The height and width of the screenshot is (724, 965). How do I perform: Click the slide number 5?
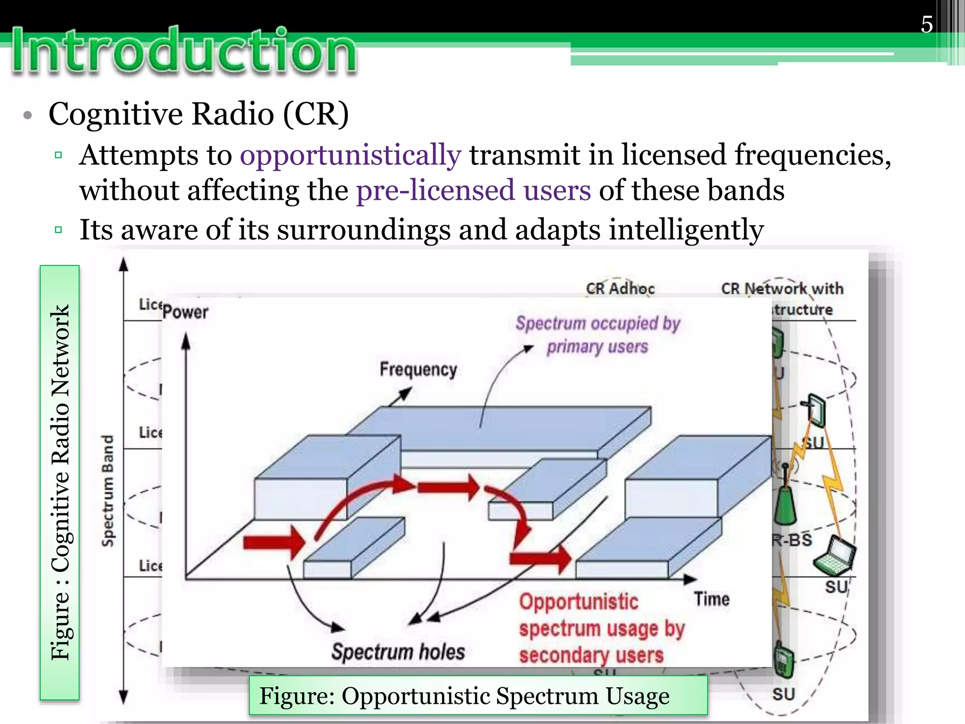[926, 25]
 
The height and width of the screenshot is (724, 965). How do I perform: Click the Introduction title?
[184, 51]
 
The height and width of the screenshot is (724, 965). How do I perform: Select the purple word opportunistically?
[350, 156]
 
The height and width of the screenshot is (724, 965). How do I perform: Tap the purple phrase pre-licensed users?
[473, 191]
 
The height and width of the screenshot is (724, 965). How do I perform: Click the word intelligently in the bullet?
[686, 230]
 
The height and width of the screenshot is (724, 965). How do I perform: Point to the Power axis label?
[185, 312]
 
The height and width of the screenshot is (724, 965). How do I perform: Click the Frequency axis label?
[418, 369]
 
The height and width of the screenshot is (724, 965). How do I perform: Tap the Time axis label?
[711, 599]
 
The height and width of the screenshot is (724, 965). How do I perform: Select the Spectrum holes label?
[398, 652]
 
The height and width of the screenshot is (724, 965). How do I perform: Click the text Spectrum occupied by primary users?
[597, 335]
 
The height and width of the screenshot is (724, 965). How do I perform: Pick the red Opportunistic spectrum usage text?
[601, 628]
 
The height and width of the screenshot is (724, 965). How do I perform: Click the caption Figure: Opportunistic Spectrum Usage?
[464, 696]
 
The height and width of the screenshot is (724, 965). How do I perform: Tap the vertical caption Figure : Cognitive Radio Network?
[60, 482]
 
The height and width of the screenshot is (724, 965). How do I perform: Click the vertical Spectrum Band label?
[108, 490]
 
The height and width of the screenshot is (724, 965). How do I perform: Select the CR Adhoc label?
[620, 288]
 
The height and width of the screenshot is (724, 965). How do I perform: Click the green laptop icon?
[835, 556]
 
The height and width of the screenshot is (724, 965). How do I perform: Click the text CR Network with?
[782, 288]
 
